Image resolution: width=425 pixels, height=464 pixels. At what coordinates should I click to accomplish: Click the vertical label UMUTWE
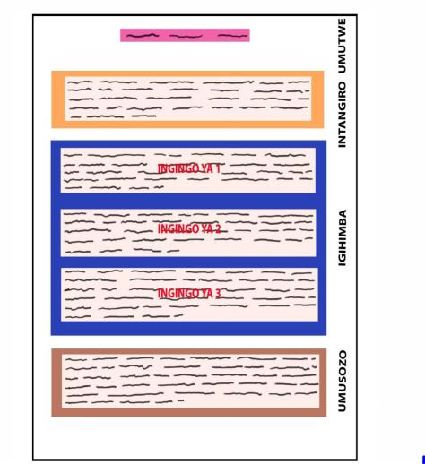pos(342,46)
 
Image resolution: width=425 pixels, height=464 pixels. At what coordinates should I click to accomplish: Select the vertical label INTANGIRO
pos(342,115)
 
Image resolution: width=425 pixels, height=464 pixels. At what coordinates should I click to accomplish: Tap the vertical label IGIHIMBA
pos(342,237)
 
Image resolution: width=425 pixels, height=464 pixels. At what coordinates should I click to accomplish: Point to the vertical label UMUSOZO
pos(342,382)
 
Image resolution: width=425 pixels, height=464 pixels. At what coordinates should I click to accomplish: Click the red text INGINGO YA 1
pos(189,168)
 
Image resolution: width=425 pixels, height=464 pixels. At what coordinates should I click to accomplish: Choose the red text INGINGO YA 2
pos(189,229)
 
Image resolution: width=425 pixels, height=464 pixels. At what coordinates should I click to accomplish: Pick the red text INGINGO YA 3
pos(189,294)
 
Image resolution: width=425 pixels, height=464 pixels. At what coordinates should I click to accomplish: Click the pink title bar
pos(185,35)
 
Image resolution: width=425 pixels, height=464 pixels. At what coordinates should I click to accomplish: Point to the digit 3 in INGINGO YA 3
pos(218,294)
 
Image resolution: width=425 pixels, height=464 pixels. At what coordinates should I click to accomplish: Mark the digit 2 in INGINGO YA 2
pos(218,229)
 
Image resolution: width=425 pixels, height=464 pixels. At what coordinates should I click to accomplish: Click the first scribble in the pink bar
pos(143,36)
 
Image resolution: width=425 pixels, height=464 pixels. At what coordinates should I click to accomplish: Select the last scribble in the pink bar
pos(232,36)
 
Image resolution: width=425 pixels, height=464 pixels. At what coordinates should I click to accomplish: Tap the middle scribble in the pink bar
pos(186,36)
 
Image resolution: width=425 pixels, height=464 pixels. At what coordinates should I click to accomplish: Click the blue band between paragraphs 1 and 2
pos(188,201)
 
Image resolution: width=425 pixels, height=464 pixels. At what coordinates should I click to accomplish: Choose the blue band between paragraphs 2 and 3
pos(188,262)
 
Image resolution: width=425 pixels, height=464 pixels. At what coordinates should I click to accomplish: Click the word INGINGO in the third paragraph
pos(178,294)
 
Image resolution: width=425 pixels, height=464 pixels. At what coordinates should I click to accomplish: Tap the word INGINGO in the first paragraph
pos(178,168)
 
